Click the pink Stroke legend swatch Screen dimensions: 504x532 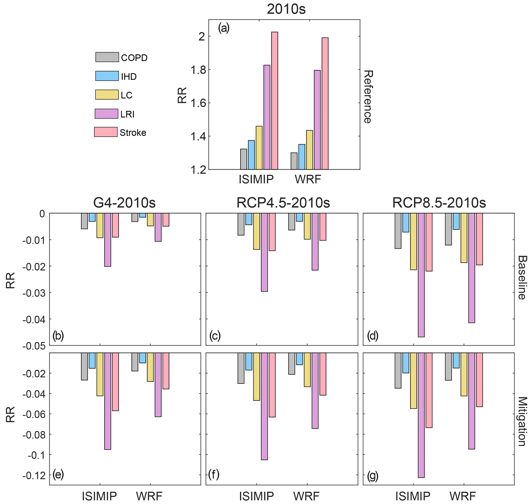point(106,132)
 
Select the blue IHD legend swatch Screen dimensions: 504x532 point(107,76)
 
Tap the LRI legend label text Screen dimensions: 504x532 point(127,114)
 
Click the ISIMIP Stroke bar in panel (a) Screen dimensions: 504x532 point(274,101)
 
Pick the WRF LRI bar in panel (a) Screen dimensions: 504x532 point(317,120)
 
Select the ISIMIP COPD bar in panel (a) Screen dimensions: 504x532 point(243,159)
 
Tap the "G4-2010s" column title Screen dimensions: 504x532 point(124,203)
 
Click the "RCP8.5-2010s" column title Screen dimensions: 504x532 point(439,203)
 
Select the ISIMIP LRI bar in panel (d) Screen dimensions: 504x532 point(421,275)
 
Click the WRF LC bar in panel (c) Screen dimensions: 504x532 point(307,226)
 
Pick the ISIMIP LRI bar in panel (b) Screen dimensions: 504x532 point(108,240)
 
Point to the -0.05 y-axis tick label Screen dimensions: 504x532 point(33,346)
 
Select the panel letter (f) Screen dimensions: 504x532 point(214,475)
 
